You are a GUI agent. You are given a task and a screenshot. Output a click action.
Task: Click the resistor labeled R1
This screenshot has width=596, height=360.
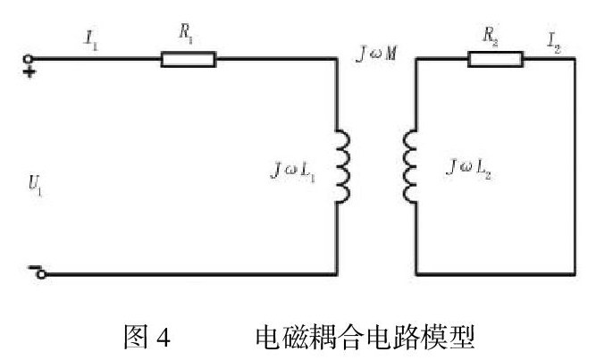click(188, 60)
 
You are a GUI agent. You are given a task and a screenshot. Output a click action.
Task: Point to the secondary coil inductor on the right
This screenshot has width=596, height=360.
click(409, 167)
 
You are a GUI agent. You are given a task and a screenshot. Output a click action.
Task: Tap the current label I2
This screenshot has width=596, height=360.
click(556, 40)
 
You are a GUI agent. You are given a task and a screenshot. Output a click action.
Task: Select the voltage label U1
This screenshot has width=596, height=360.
click(35, 185)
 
